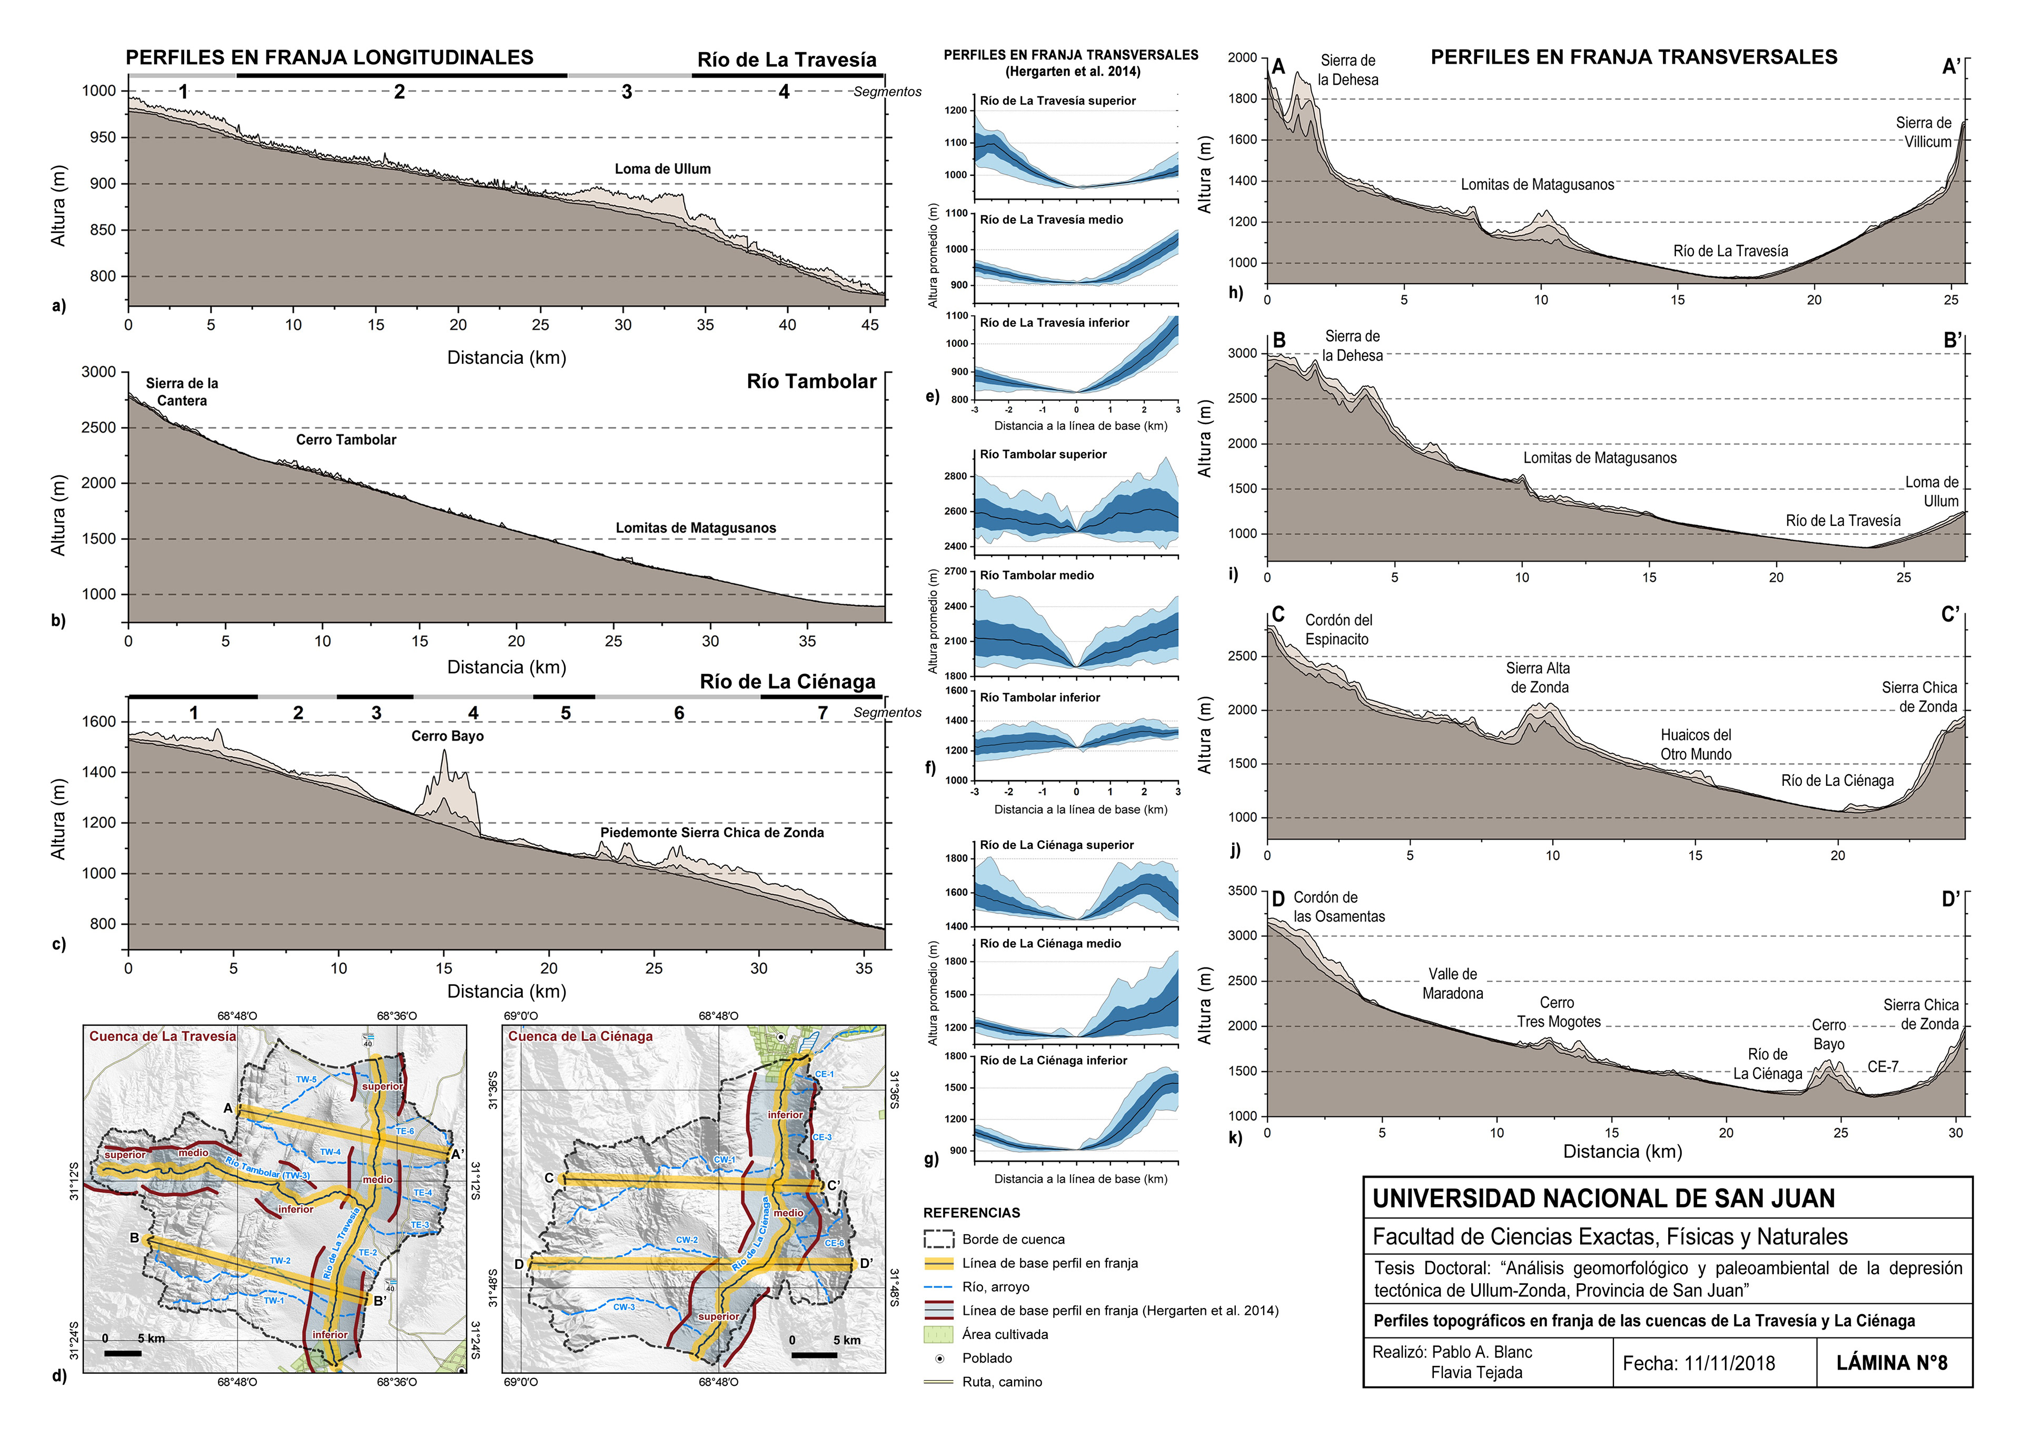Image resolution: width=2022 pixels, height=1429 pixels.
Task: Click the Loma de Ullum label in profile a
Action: pos(662,169)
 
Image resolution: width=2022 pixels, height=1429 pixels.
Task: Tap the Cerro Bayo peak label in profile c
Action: pos(448,736)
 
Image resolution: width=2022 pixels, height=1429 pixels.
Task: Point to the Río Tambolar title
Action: pos(811,381)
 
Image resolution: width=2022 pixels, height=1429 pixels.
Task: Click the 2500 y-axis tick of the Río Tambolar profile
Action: pos(98,428)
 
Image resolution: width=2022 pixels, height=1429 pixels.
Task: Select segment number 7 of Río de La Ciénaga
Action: pos(822,712)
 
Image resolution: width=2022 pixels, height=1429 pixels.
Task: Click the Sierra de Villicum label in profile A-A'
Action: pos(1924,132)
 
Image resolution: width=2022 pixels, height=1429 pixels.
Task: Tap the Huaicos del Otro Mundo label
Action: pos(1696,745)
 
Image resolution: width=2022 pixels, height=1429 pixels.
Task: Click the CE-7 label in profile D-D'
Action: pos(1883,1066)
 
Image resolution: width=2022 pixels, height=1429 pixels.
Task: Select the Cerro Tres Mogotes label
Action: pos(1557,1013)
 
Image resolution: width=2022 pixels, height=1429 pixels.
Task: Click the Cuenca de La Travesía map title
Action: pos(162,1036)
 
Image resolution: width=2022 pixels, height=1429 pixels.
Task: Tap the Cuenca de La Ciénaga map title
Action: pos(580,1036)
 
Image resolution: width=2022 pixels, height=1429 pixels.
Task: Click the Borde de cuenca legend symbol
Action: pos(939,1239)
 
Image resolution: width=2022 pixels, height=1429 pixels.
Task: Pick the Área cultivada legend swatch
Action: pos(939,1334)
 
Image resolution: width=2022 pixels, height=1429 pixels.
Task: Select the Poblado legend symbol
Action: pos(939,1358)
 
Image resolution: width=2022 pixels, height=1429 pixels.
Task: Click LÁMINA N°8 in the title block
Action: pos(1891,1363)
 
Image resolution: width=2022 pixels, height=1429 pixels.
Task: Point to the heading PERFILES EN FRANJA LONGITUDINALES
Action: pos(330,57)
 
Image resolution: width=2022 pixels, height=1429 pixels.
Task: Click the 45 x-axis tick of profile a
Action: pos(869,325)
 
